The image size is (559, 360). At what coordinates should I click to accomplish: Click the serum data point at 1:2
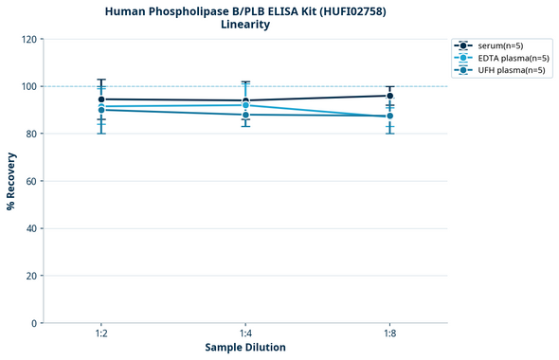coord(101,99)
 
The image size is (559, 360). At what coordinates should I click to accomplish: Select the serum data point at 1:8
coord(389,96)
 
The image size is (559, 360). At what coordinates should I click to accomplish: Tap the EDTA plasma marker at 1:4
coord(245,105)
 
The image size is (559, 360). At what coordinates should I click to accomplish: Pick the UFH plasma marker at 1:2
coord(101,110)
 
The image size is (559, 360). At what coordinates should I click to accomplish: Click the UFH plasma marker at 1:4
coord(245,115)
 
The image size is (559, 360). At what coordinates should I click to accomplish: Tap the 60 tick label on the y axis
coord(31,181)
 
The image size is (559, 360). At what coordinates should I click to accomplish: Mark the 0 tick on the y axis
coord(34,323)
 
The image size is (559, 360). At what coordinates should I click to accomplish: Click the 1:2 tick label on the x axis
coord(101,334)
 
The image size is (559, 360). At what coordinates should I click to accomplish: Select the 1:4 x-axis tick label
coord(245,334)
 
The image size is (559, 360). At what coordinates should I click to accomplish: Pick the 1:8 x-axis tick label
coord(389,334)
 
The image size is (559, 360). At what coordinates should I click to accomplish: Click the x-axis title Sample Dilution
coord(245,348)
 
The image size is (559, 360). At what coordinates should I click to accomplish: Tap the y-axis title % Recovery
coord(11,181)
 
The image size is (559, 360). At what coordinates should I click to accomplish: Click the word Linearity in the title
coord(245,25)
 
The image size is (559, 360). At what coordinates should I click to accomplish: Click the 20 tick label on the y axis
coord(31,276)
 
